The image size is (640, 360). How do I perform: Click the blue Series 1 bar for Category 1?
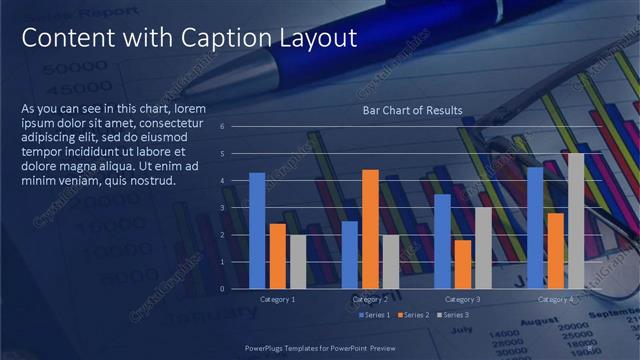[257, 230]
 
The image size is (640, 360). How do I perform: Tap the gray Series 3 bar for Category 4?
[575, 221]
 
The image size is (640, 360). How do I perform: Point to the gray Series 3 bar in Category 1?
[297, 262]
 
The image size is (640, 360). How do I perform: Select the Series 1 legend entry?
[374, 315]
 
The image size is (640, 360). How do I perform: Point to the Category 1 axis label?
[277, 299]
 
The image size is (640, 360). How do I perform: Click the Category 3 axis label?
[462, 299]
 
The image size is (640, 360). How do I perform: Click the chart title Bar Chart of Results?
[412, 110]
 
